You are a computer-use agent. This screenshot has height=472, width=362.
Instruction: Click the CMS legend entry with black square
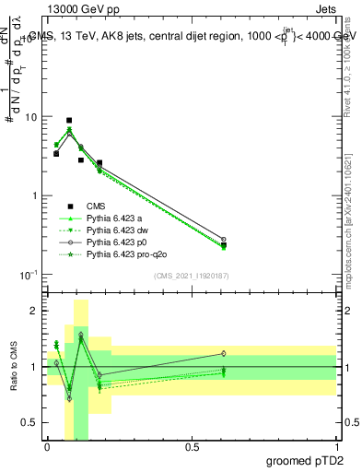click(96, 206)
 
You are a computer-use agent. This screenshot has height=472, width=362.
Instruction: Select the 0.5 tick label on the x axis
click(192, 446)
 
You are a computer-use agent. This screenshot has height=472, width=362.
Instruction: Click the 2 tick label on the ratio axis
click(35, 311)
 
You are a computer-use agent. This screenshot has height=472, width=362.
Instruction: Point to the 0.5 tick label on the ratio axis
click(31, 422)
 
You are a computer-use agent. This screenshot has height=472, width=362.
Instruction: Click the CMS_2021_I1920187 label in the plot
click(191, 276)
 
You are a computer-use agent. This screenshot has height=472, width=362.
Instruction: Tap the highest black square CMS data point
click(69, 120)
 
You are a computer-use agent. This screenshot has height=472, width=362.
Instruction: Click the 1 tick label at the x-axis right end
click(336, 446)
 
